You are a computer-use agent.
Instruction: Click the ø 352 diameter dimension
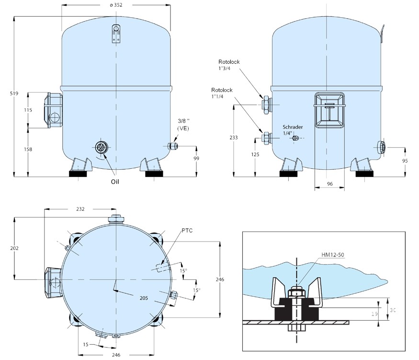[116, 5]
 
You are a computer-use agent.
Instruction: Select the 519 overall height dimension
[14, 93]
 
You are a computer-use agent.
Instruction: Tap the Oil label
[115, 182]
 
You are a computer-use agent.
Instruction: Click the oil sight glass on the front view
[101, 147]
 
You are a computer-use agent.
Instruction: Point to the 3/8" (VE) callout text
[183, 125]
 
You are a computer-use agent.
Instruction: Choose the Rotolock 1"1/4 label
[222, 93]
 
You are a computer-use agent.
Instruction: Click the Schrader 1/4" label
[293, 130]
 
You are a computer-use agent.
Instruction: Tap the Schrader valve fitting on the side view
[295, 138]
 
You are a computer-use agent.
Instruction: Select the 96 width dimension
[330, 184]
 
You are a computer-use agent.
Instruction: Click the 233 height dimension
[234, 138]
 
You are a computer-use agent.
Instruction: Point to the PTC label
[187, 231]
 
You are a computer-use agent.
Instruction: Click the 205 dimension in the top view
[144, 298]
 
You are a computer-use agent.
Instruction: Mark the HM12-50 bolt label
[333, 255]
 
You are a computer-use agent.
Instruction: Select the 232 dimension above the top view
[80, 209]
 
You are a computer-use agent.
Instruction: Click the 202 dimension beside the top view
[14, 248]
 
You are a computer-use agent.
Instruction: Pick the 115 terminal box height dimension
[28, 110]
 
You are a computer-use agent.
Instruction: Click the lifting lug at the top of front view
[116, 34]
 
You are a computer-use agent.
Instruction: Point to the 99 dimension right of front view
[196, 158]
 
